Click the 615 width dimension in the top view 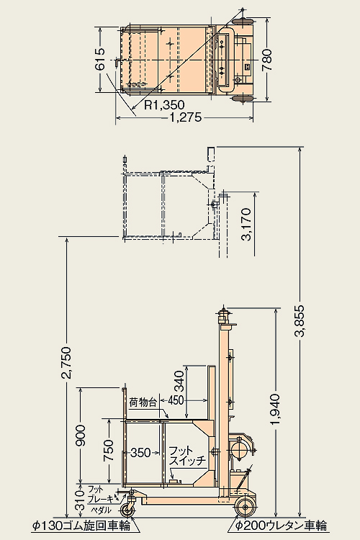pos(100,60)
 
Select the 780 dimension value pos(267,60)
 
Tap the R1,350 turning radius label pos(164,104)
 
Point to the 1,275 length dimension pos(185,118)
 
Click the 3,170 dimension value pos(247,224)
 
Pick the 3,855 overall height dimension pos(301,320)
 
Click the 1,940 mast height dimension pos(276,409)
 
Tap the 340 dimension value pos(179,381)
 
